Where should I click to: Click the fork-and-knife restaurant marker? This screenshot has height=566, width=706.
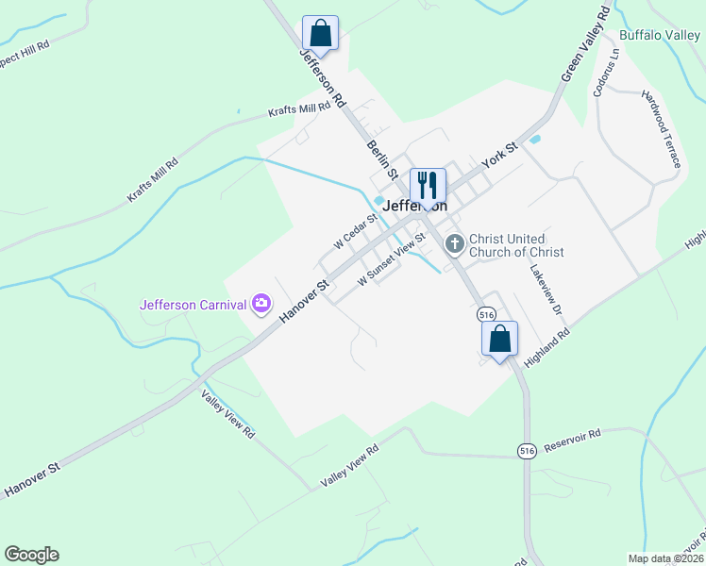(x=428, y=186)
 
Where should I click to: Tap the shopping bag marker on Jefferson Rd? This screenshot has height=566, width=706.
(x=320, y=33)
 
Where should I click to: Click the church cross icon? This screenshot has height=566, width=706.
(x=454, y=245)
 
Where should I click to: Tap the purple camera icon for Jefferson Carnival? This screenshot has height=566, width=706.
(x=261, y=304)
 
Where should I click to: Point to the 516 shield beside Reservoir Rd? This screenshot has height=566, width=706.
(x=527, y=452)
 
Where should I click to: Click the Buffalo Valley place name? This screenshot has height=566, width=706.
(x=660, y=36)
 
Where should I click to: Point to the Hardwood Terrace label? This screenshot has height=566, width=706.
(x=661, y=128)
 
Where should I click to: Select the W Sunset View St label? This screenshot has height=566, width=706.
(x=392, y=267)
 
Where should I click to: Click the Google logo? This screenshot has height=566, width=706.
(x=31, y=555)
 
